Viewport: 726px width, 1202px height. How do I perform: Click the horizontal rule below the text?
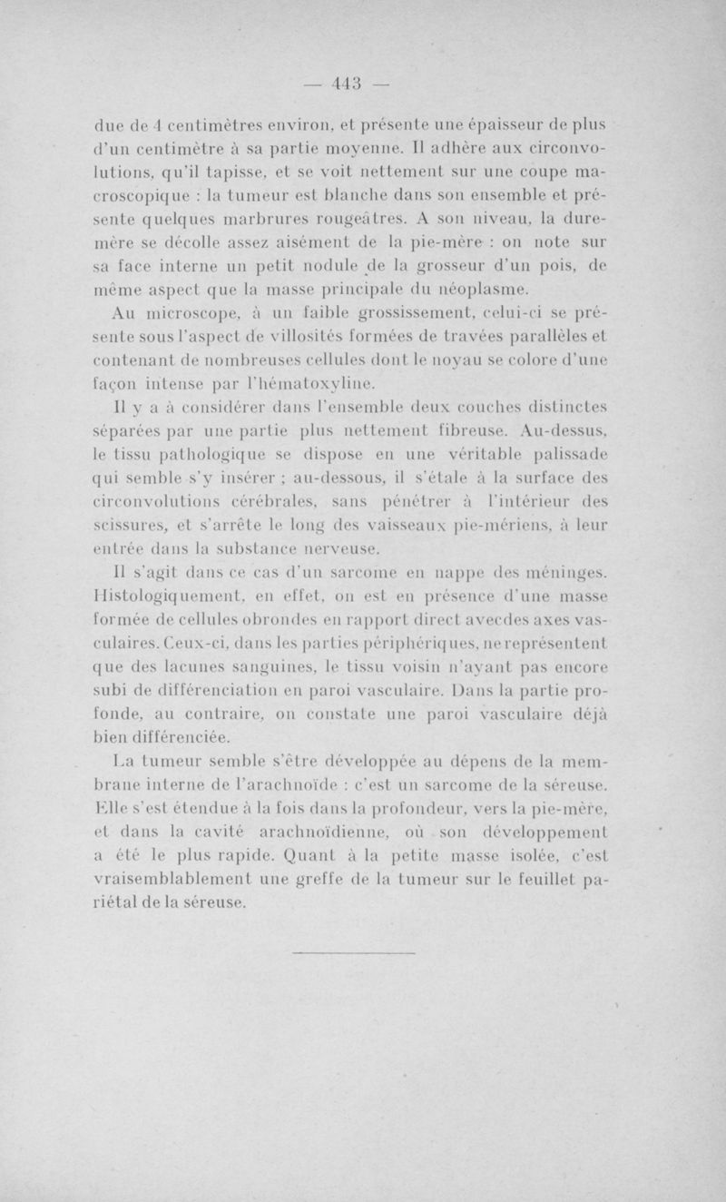pos(355,953)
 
